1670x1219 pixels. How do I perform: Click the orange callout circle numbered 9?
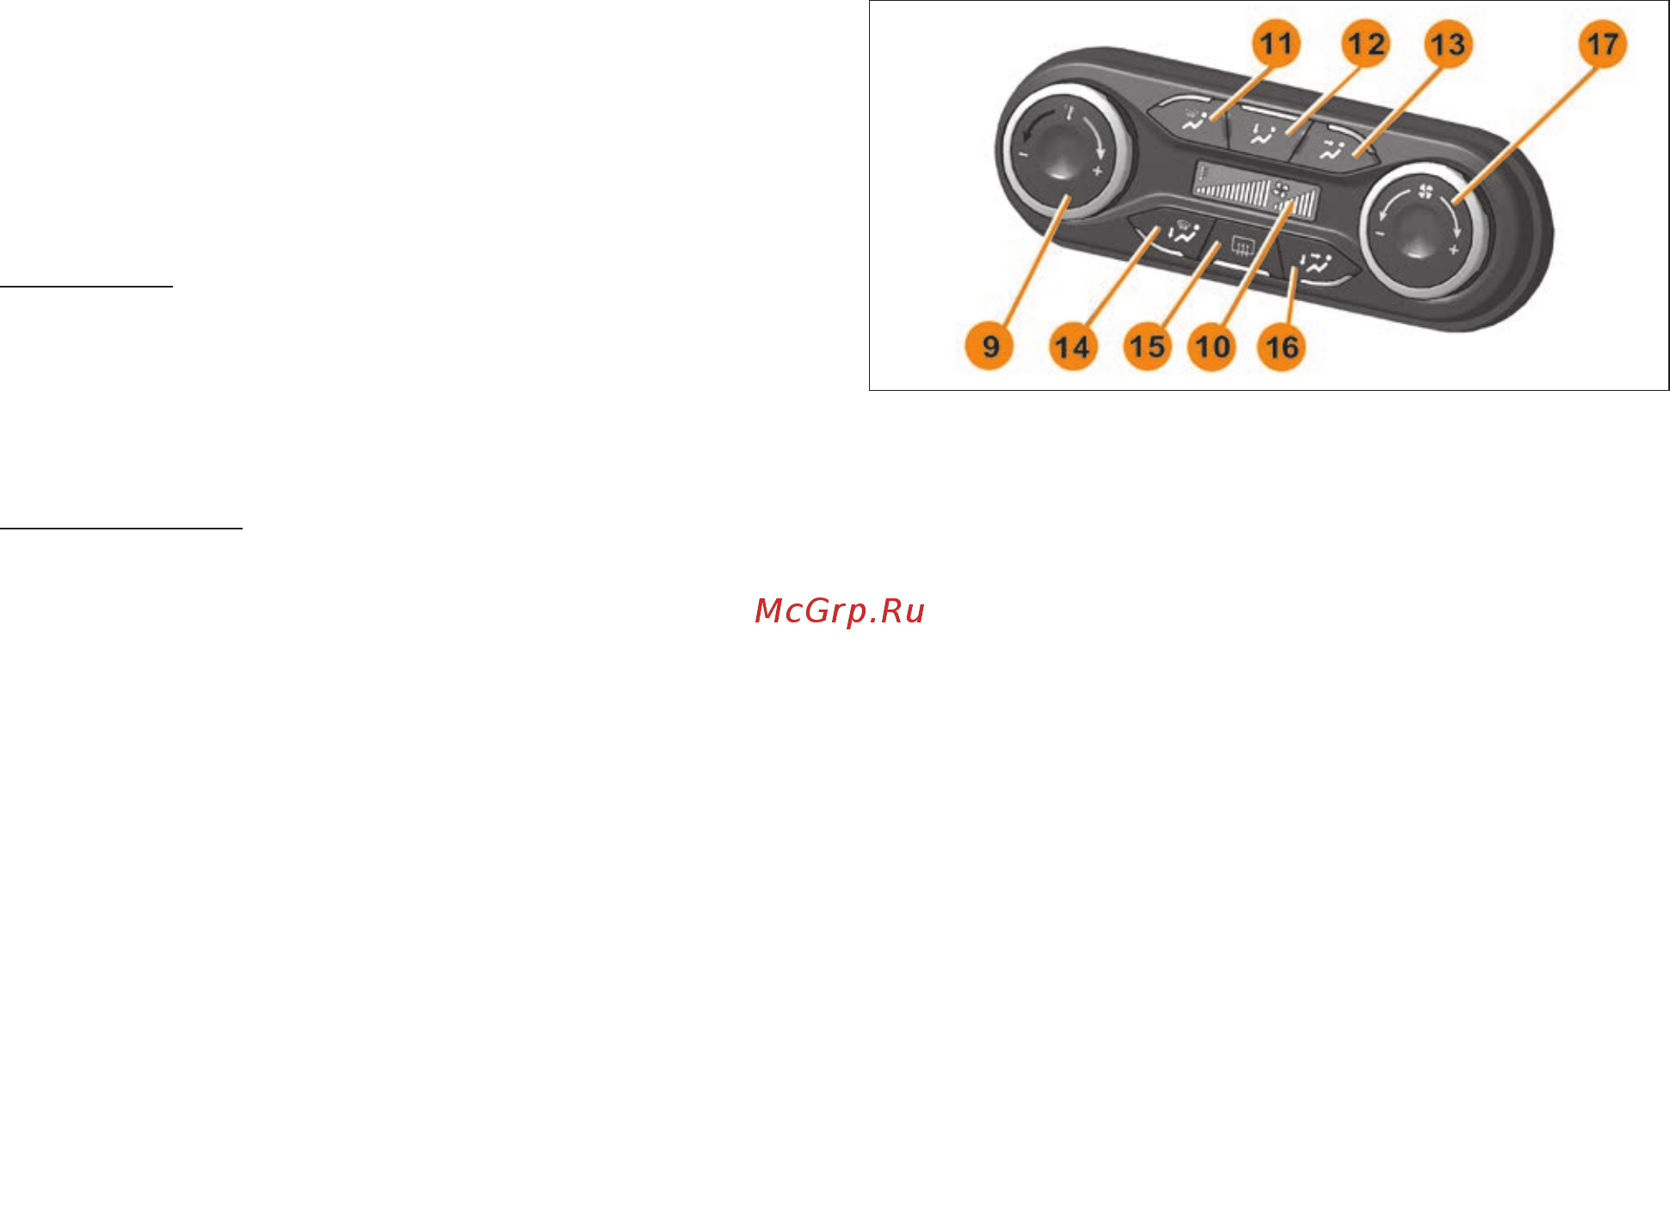pyautogui.click(x=989, y=346)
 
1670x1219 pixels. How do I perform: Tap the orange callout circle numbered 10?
pyautogui.click(x=1211, y=347)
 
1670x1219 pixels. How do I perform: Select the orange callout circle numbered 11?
pyautogui.click(x=1276, y=43)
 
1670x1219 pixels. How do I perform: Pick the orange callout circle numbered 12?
pyautogui.click(x=1365, y=43)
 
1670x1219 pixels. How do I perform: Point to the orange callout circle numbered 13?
pyautogui.click(x=1447, y=44)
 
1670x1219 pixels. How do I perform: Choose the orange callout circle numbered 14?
pyautogui.click(x=1073, y=347)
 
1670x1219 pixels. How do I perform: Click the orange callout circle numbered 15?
pyautogui.click(x=1148, y=347)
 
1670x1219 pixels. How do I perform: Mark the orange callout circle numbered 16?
pyautogui.click(x=1282, y=347)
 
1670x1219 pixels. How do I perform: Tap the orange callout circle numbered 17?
pyautogui.click(x=1602, y=43)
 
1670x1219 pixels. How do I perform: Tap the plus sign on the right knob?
pyautogui.click(x=1453, y=251)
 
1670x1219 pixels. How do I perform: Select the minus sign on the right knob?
pyautogui.click(x=1380, y=233)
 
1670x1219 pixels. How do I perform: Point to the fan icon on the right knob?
pyautogui.click(x=1426, y=191)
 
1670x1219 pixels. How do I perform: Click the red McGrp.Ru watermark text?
pyautogui.click(x=840, y=610)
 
